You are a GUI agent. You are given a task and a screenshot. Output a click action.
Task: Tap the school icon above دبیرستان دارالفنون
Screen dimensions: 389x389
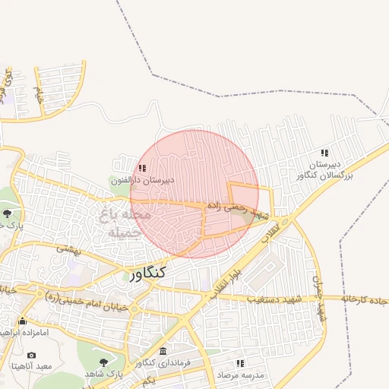(142, 168)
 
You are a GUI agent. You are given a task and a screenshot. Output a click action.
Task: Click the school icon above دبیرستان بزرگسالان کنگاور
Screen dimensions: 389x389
(325, 153)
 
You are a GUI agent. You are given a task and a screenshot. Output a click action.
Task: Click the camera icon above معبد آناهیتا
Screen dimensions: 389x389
(31, 355)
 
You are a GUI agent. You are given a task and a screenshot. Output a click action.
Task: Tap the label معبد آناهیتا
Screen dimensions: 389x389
(31, 367)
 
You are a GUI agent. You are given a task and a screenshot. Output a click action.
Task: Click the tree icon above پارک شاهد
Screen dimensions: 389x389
(103, 362)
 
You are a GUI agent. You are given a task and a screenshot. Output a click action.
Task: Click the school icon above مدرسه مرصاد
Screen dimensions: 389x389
(240, 364)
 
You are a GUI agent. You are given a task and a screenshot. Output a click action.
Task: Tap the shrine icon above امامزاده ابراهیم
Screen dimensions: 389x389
(22, 320)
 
